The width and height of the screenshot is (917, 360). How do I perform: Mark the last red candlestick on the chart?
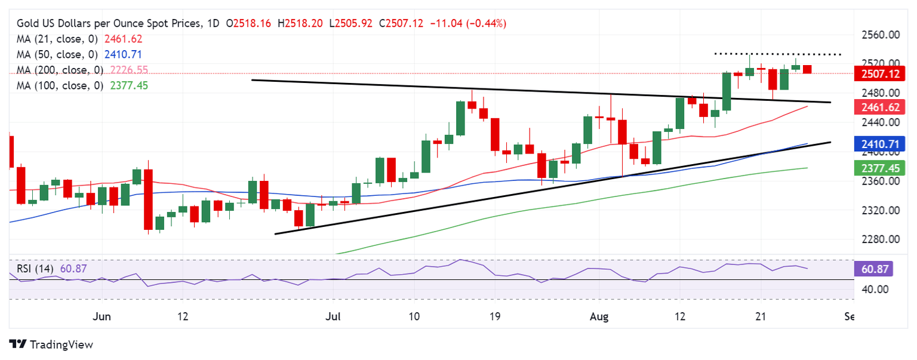point(807,69)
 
